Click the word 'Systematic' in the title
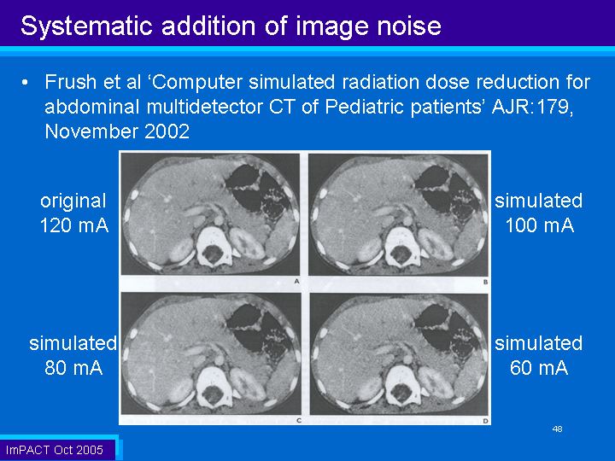pyautogui.click(x=86, y=26)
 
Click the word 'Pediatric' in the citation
pyautogui.click(x=366, y=107)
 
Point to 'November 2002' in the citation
pyautogui.click(x=117, y=131)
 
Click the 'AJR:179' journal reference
pyautogui.click(x=532, y=107)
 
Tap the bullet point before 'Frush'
pyautogui.click(x=25, y=83)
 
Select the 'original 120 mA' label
pyautogui.click(x=73, y=213)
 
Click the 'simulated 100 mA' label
pyautogui.click(x=539, y=213)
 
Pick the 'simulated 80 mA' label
pyautogui.click(x=73, y=355)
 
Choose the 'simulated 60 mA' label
pyautogui.click(x=539, y=355)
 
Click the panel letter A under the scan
pyautogui.click(x=297, y=281)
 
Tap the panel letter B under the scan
pyautogui.click(x=485, y=282)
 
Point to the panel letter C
pyautogui.click(x=299, y=420)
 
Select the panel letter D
pyautogui.click(x=485, y=421)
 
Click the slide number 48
pyautogui.click(x=557, y=429)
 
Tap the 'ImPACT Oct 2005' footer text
pyautogui.click(x=55, y=450)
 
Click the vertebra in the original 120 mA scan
pyautogui.click(x=214, y=246)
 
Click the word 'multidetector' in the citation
pyautogui.click(x=204, y=107)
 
